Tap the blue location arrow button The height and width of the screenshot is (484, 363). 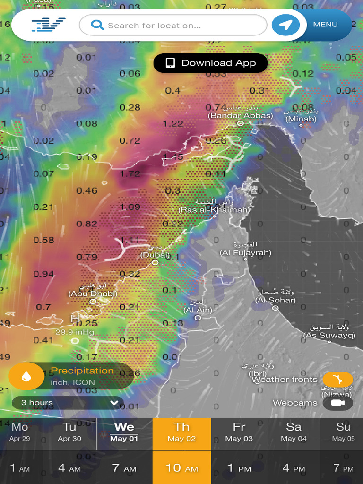tap(285, 25)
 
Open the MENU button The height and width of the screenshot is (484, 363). tap(326, 24)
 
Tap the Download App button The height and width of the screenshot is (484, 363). tap(211, 63)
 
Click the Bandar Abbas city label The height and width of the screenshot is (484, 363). tap(241, 115)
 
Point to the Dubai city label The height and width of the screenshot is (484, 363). tap(155, 255)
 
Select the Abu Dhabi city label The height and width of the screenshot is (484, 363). tap(93, 294)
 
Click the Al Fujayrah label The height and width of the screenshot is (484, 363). tap(245, 253)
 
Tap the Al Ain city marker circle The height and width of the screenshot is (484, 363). tap(198, 318)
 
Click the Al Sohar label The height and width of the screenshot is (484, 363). tap(276, 300)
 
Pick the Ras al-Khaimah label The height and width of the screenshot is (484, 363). tap(214, 210)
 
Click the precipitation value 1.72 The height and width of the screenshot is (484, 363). tap(130, 173)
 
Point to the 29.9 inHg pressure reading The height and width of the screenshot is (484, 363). tap(75, 332)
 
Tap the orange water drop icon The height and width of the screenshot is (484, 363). tap(26, 376)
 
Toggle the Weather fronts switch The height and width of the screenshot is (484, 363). tap(337, 379)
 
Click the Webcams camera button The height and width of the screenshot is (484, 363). tap(337, 403)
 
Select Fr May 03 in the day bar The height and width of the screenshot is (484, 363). tap(239, 432)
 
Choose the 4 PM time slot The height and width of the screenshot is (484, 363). tap(294, 468)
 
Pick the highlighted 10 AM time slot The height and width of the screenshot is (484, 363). tap(181, 468)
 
